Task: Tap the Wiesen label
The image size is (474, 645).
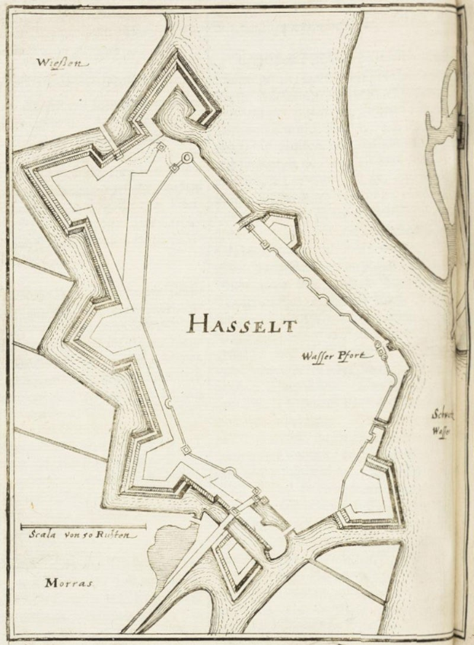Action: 62,63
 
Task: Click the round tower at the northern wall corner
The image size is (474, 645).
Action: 186,157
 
